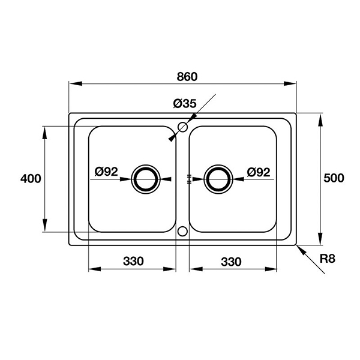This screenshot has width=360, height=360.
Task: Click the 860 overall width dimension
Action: [187, 77]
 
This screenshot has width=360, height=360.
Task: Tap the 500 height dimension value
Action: [334, 178]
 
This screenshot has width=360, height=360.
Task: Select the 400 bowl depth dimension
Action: [31, 178]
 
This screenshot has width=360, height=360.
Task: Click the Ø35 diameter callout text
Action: [185, 104]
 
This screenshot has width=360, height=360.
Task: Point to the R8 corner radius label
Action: [328, 259]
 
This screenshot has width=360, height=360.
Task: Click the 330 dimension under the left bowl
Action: [133, 261]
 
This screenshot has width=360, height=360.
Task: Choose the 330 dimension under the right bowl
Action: [231, 262]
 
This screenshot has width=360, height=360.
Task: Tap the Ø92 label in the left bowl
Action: [106, 171]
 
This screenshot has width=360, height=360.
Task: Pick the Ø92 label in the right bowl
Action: [259, 172]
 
